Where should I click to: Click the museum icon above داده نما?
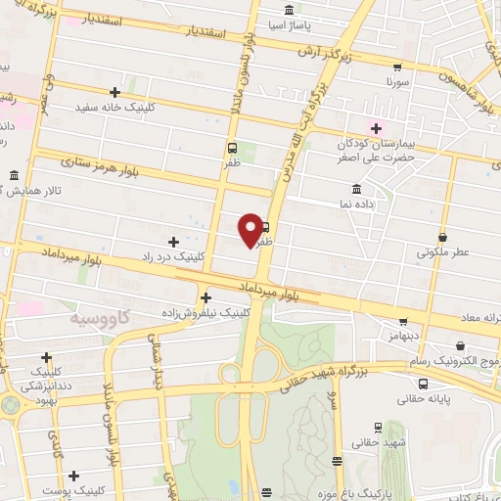coord(354,188)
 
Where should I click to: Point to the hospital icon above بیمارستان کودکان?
coord(374,128)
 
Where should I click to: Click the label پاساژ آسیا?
coord(293,23)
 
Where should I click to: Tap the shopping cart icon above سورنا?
coord(396,68)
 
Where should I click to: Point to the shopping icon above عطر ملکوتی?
coord(443,237)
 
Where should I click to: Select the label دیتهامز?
coord(402,335)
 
